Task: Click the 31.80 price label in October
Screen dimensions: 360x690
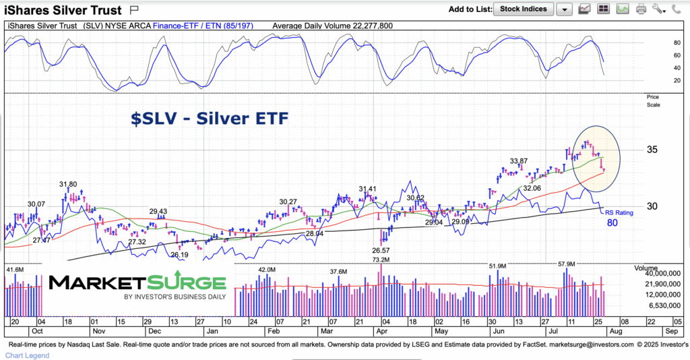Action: (x=68, y=184)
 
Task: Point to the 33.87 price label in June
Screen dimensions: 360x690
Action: (x=519, y=161)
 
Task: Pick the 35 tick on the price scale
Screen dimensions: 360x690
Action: (x=652, y=150)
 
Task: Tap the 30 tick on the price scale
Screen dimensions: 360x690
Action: (x=652, y=206)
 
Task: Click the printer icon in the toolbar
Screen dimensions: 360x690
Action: (x=641, y=9)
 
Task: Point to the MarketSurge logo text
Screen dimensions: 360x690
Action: (x=137, y=282)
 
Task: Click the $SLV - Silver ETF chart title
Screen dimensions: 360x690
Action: (x=210, y=119)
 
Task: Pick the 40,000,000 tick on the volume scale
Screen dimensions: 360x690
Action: (x=664, y=274)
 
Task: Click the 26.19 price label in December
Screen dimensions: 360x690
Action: (x=179, y=256)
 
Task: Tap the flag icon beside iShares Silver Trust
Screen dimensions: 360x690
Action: (x=133, y=10)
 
